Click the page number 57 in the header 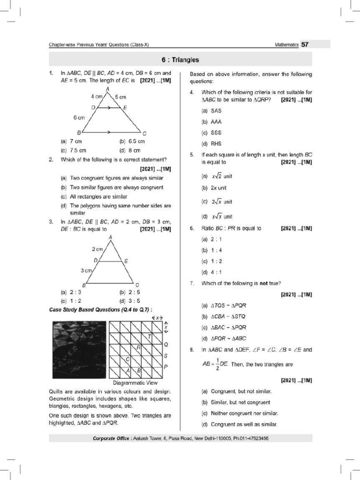pos(305,45)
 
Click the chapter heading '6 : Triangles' pos(180,60)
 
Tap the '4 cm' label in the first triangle pos(97,97)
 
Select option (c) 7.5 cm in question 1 pos(74,150)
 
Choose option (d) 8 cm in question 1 pos(130,150)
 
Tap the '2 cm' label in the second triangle pos(97,249)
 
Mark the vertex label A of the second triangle pos(111,238)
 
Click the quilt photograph pos(78,349)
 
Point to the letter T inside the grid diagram pos(149,337)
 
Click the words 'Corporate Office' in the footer pos(112,438)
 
